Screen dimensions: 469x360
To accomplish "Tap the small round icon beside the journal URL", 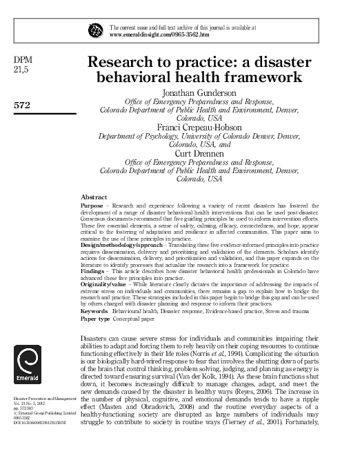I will pos(94,30).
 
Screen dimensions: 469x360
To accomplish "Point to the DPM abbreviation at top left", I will pos(23,59).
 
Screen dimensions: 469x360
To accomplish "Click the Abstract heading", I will pos(94,197).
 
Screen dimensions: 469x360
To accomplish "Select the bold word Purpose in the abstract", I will pos(93,205).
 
